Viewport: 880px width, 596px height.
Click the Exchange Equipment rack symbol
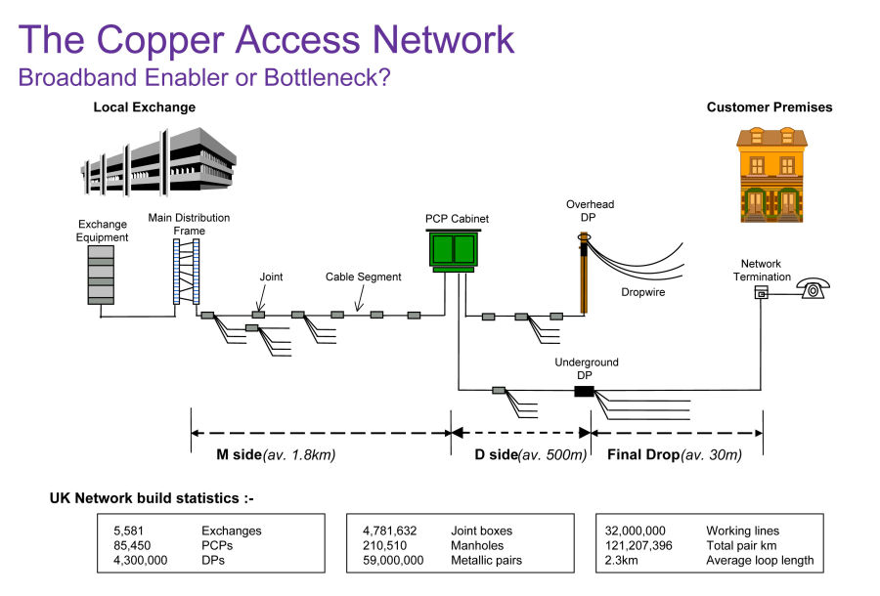pos(101,274)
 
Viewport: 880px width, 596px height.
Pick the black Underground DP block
pos(584,391)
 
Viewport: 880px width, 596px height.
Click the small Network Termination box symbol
pos(762,294)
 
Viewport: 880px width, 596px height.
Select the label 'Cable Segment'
pos(363,277)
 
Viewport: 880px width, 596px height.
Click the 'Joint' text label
pos(271,277)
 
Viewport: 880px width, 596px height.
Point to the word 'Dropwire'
pos(643,291)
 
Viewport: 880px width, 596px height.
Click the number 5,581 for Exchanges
pos(130,532)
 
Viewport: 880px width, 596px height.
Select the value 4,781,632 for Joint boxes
pos(390,532)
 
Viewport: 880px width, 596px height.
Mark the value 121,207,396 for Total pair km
pos(640,546)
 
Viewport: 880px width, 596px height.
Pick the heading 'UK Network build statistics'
pos(152,498)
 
